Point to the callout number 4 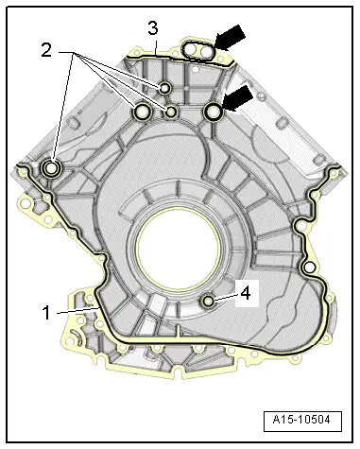(x=245, y=294)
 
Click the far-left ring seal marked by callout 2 (x=51, y=169)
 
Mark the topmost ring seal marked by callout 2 (x=165, y=89)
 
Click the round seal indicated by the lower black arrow (x=214, y=112)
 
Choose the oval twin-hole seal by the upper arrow (x=198, y=49)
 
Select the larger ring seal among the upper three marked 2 (x=143, y=113)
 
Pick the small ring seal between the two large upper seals (x=171, y=112)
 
